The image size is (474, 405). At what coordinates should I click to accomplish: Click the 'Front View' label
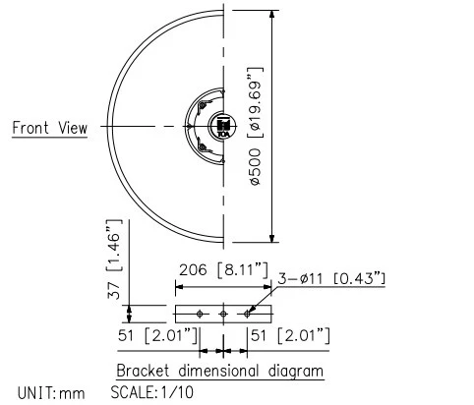tap(49, 128)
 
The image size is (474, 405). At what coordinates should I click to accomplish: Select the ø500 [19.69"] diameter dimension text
tap(255, 126)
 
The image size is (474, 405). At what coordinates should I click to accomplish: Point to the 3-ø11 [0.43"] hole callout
tap(332, 278)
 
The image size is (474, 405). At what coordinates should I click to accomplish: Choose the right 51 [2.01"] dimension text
tap(288, 337)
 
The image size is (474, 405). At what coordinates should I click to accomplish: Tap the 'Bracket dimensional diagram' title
tap(220, 372)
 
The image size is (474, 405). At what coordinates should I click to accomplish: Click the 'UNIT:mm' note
tap(43, 393)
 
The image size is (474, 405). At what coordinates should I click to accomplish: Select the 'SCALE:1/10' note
tap(153, 393)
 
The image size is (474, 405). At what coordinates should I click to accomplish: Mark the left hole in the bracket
tap(200, 313)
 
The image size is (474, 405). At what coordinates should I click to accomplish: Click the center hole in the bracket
tap(224, 313)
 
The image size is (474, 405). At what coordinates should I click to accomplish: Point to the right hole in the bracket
tap(249, 313)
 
